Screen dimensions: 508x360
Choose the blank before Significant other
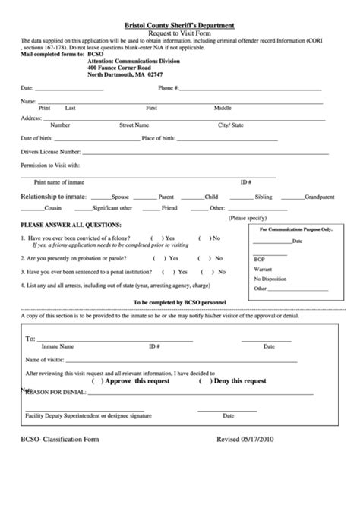[x=80, y=207]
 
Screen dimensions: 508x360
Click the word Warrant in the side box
[x=263, y=269]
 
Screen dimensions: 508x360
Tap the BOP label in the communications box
[x=260, y=259]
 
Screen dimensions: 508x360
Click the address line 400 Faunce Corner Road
[x=125, y=67]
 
